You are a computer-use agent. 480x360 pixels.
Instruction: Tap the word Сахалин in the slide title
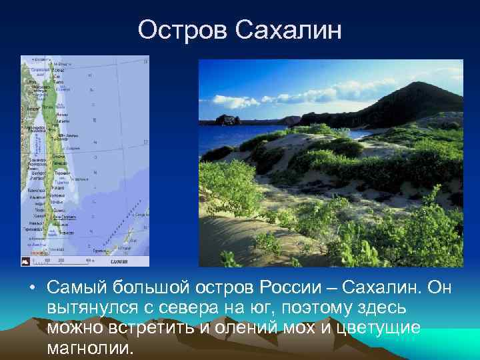point(290,30)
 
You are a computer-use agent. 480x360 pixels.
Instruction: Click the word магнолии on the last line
point(91,349)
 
